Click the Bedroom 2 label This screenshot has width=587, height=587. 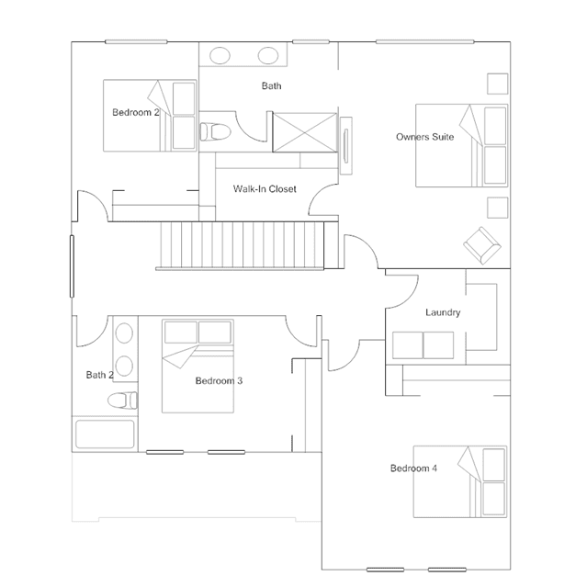click(136, 112)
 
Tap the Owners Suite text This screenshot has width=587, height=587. click(425, 137)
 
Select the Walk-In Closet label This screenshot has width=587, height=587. click(265, 189)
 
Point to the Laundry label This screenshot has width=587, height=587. click(443, 312)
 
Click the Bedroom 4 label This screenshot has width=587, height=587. click(413, 468)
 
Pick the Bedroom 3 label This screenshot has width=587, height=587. click(219, 381)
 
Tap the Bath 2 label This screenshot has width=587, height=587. click(99, 375)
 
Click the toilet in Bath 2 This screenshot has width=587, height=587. click(122, 401)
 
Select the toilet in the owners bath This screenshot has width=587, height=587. click(215, 131)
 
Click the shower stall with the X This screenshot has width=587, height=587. click(305, 132)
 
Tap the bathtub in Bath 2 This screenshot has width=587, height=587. click(105, 435)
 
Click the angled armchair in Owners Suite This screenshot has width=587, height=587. click(482, 245)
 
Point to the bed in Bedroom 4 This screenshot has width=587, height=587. click(460, 481)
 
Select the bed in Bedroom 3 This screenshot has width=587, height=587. click(198, 367)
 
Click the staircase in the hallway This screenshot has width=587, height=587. click(240, 245)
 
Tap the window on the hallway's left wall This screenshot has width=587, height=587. click(72, 266)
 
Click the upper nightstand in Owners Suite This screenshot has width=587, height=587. click(498, 84)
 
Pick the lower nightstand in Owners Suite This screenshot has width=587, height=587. click(498, 208)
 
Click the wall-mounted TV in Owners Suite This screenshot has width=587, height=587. click(346, 146)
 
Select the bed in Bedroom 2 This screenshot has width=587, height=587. click(150, 116)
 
